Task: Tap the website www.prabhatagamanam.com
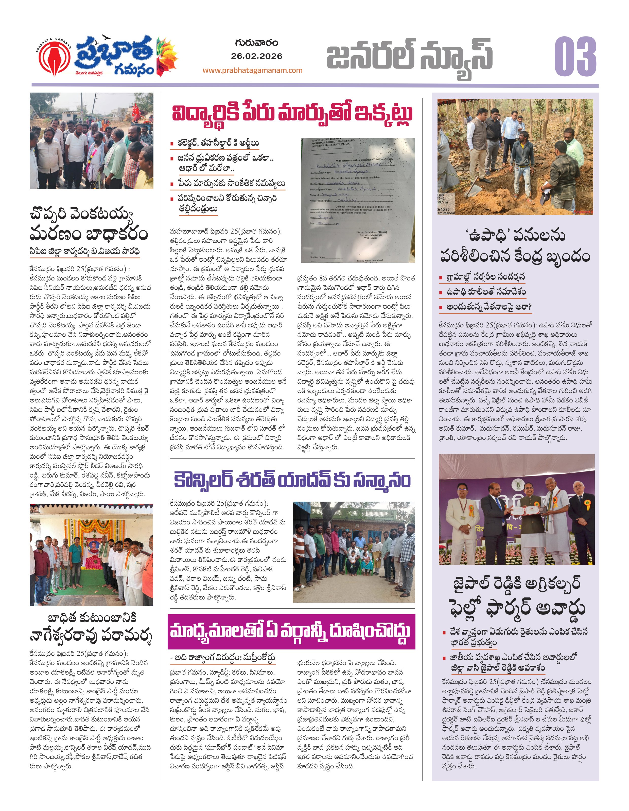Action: point(253,70)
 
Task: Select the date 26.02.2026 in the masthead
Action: point(257,56)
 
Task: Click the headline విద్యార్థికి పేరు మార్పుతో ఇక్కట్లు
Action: point(292,113)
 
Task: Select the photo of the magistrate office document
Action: point(358,201)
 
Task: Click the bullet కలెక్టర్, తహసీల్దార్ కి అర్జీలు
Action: point(218,143)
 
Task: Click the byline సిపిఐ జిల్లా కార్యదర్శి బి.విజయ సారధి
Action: point(85,251)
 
